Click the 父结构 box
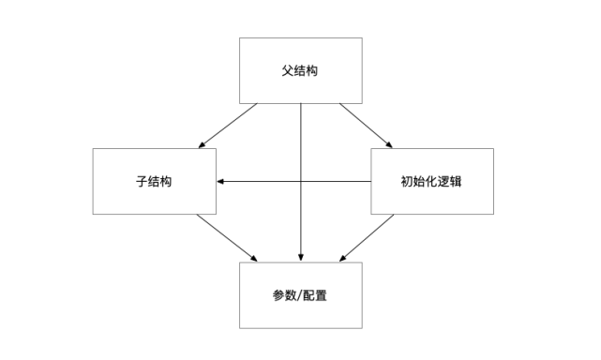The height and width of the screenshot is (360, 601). click(300, 70)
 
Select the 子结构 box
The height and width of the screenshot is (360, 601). click(154, 181)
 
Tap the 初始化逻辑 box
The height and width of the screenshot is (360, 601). click(431, 181)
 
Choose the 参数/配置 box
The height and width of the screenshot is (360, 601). click(300, 294)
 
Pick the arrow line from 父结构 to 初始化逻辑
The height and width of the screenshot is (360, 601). click(366, 125)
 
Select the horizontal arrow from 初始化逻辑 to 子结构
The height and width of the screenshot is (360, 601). click(338, 181)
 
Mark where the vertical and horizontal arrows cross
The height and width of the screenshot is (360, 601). click(301, 181)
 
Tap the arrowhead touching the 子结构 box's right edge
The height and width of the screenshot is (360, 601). click(220, 181)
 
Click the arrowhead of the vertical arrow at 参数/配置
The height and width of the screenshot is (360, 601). click(301, 258)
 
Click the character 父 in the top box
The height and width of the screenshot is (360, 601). click(287, 70)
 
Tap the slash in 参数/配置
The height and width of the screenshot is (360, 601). click(300, 294)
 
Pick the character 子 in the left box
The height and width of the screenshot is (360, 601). click(141, 181)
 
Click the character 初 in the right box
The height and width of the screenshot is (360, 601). click(405, 181)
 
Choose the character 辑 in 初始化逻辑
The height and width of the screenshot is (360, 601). click(458, 181)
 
